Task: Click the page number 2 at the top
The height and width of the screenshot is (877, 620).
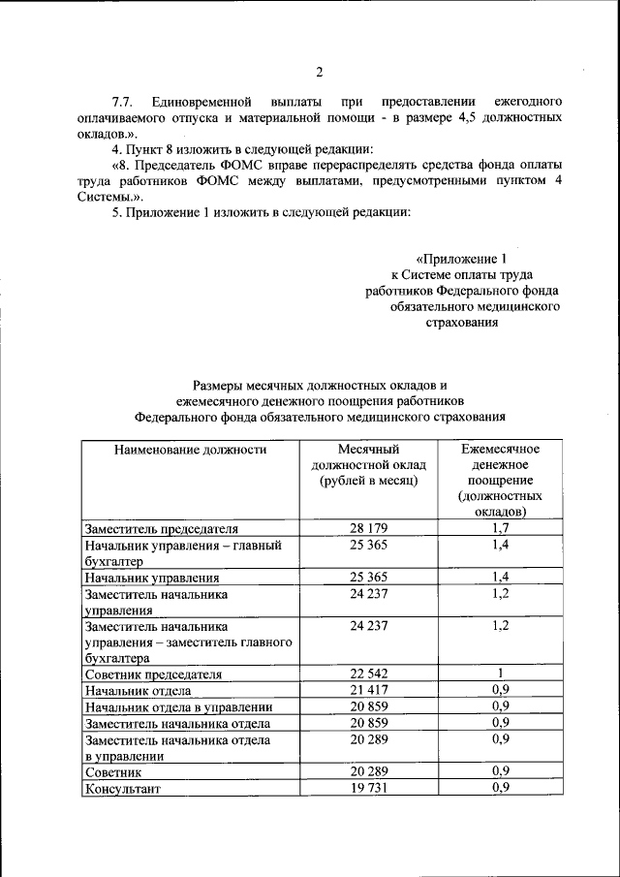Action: (318, 71)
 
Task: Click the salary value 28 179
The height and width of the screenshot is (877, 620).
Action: (368, 528)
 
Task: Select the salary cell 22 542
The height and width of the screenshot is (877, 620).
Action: (368, 674)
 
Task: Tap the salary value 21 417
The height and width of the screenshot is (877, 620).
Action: (368, 691)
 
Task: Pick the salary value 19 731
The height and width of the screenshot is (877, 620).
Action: (368, 789)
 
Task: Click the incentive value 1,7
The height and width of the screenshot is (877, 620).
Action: (501, 528)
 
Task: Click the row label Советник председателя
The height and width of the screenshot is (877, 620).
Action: (154, 674)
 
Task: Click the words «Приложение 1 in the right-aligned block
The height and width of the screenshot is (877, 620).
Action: (461, 259)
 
